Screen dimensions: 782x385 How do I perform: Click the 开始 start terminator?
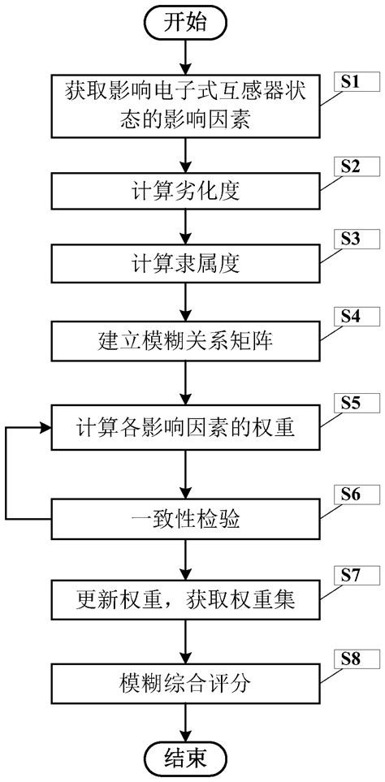coord(188,22)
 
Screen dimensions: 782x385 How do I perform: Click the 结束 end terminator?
coord(188,758)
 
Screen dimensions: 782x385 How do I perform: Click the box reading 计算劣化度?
coord(188,192)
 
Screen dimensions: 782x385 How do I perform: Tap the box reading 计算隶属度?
coord(188,266)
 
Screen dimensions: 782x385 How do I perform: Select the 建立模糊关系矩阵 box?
coord(188,341)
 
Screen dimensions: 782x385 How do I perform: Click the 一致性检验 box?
coord(188,519)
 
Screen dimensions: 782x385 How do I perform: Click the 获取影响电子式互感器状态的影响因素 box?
coord(188,107)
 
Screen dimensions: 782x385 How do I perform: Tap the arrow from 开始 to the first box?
coord(188,57)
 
